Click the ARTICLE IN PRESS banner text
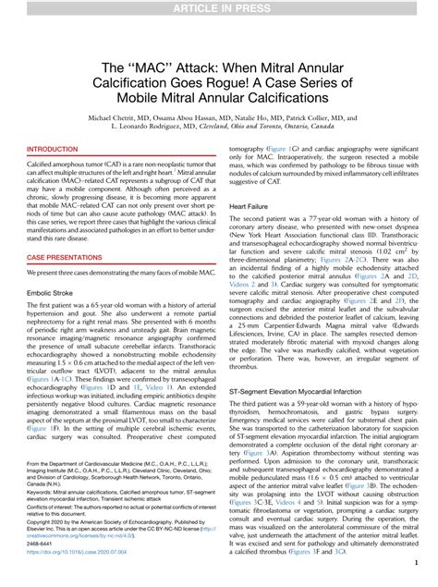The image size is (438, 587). click(218, 8)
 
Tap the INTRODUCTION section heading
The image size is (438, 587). click(53, 149)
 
